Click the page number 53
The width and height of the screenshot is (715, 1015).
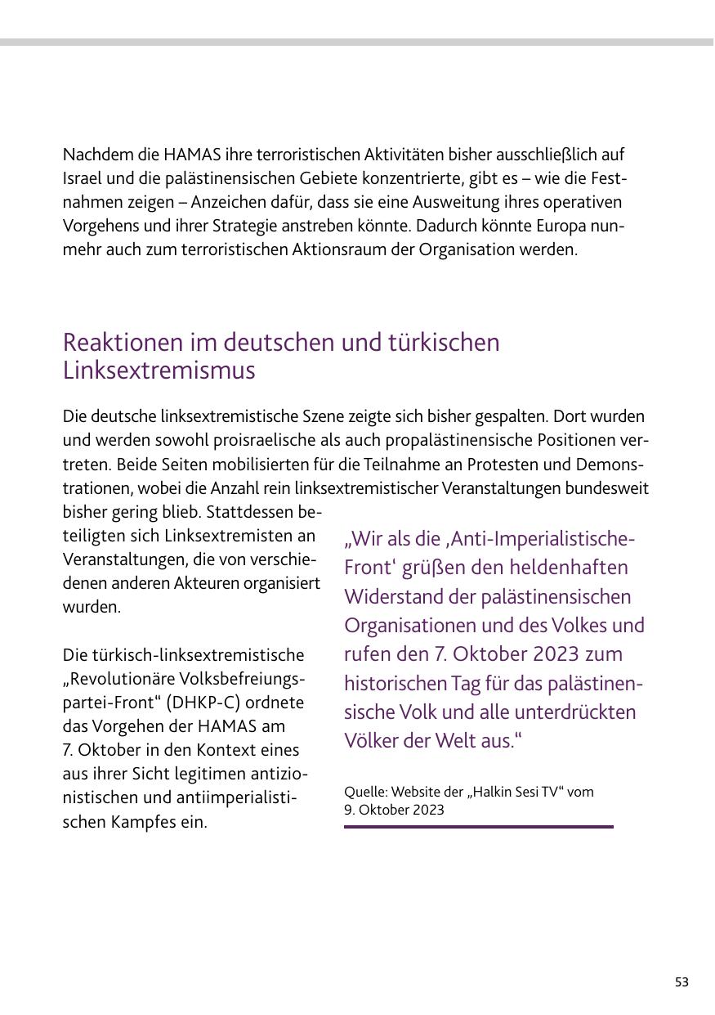681,982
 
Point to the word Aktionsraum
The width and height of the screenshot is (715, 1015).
369,249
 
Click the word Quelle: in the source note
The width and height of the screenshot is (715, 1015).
365,792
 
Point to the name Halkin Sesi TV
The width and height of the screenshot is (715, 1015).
508,792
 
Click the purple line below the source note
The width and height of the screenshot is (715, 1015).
478,827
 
